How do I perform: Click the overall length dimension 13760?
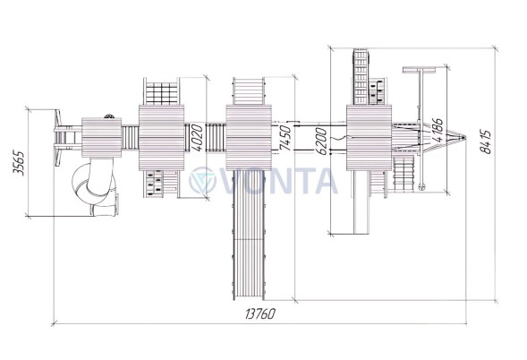260,313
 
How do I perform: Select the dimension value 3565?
19,163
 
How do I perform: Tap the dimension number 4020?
197,138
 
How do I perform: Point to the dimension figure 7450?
285,138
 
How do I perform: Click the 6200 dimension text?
322,141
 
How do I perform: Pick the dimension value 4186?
438,131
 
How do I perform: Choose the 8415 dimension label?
485,141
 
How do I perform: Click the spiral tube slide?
95,187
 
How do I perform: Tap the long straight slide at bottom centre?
249,235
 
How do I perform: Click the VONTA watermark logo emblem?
202,181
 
